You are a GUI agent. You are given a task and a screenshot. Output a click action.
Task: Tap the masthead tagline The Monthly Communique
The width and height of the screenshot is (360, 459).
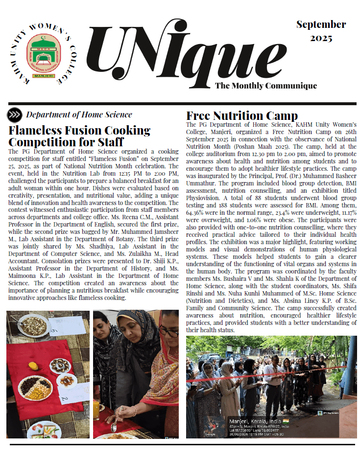click(266, 86)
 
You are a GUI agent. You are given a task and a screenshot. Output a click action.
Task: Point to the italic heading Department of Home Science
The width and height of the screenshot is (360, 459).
click(79, 115)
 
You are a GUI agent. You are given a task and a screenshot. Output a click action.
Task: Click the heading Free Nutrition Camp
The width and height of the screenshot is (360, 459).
click(242, 116)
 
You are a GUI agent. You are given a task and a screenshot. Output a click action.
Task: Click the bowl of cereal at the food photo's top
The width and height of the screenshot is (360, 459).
click(33, 326)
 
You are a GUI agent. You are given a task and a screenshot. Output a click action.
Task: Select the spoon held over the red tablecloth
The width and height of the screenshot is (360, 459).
click(114, 427)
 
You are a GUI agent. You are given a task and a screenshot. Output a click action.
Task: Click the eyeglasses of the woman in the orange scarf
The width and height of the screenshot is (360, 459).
click(168, 331)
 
